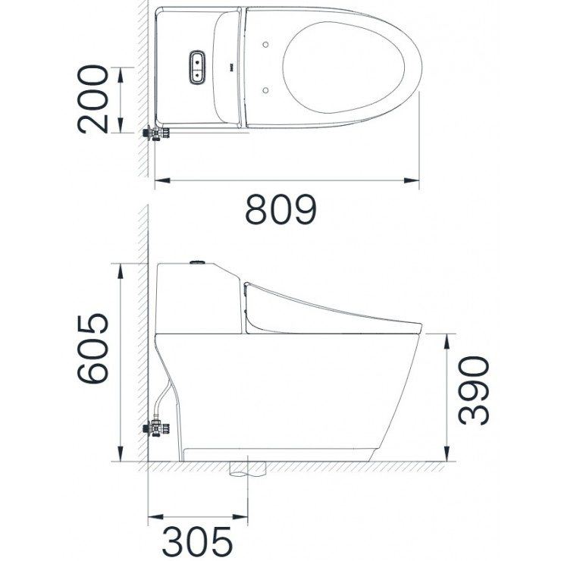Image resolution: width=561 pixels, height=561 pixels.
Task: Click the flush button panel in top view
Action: point(197,67)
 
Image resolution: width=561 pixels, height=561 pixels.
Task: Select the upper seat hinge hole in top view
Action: point(267,43)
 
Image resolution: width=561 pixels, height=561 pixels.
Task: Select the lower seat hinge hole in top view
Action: point(267,89)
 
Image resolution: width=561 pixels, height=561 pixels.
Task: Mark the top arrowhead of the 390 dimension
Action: point(447,337)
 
